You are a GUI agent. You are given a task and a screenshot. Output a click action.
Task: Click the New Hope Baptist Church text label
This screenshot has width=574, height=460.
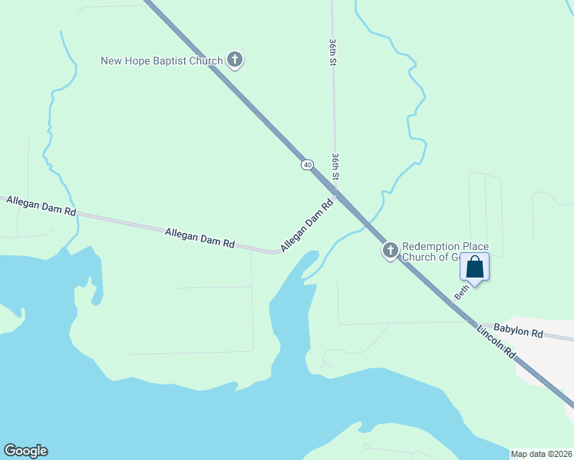tap(162, 61)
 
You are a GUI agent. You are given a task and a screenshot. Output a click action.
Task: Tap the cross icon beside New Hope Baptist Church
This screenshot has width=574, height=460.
tap(235, 60)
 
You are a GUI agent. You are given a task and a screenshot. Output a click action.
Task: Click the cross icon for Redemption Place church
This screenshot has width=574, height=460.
tap(390, 250)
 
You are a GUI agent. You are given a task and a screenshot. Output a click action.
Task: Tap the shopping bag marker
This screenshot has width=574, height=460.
tap(474, 268)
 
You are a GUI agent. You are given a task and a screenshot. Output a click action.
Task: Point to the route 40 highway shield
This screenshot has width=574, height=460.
tap(307, 165)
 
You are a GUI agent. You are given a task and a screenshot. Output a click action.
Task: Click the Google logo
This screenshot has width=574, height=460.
tap(25, 451)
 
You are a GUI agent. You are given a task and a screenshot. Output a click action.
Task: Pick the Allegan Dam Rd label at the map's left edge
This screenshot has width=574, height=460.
tap(41, 205)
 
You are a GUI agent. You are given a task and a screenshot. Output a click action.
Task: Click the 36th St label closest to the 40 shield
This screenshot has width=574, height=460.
tap(335, 168)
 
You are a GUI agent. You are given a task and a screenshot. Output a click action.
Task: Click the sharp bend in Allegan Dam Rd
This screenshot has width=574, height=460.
tap(277, 251)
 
